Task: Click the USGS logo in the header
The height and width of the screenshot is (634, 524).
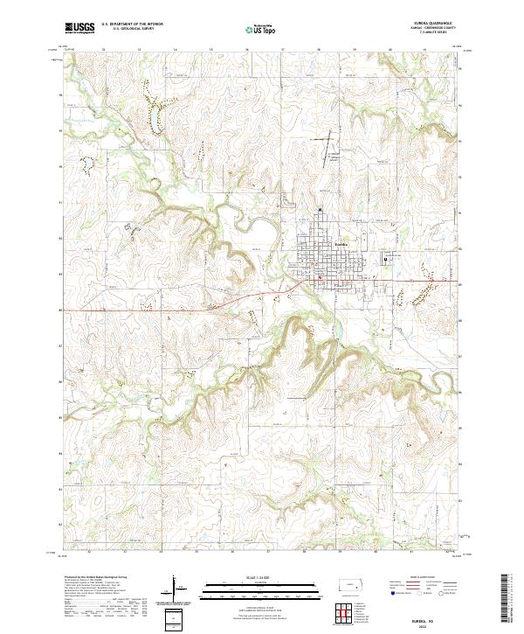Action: pos(79,29)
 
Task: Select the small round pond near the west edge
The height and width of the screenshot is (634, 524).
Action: pos(87,164)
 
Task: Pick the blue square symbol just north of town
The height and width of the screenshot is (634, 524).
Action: pos(321,210)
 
